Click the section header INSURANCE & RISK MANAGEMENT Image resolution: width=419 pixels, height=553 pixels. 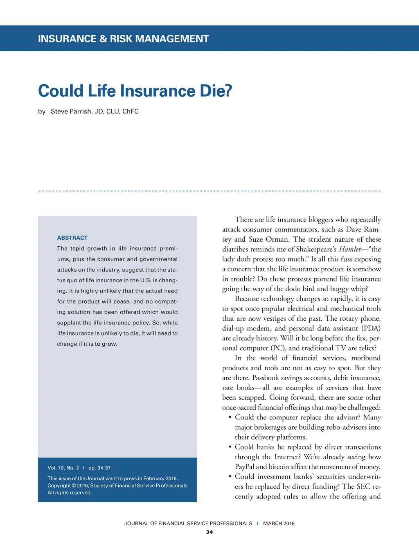[123, 39]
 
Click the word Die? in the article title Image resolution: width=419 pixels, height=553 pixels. [216, 91]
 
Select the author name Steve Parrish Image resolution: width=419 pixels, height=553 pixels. [71, 111]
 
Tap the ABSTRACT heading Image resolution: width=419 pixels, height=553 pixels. [72, 238]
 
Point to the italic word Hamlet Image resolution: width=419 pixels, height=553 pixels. [350, 249]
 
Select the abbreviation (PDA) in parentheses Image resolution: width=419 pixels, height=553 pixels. [371, 328]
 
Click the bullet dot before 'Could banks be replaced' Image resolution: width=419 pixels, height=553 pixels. [230, 447]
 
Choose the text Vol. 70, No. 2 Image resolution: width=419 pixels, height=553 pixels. [63, 468]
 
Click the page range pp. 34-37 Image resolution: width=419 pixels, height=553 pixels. [99, 468]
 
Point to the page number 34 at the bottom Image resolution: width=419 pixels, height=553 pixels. [209, 532]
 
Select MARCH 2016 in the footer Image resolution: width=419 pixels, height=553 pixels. [279, 524]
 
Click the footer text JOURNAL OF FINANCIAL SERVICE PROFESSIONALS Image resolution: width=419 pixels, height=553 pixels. [188, 524]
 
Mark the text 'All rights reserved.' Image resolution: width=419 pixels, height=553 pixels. [70, 493]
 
